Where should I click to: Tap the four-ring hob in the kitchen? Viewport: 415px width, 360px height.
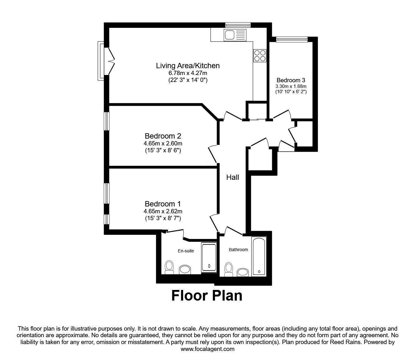[x=260, y=56]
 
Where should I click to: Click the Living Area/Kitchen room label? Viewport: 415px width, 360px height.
[x=188, y=66]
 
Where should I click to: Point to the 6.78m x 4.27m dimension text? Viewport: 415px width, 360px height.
[x=188, y=73]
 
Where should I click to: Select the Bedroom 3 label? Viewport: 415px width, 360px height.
[x=291, y=80]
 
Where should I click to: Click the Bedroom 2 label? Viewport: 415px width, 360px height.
[x=163, y=136]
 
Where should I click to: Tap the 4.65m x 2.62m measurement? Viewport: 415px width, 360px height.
[x=163, y=211]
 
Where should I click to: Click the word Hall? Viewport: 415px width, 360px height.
[x=232, y=177]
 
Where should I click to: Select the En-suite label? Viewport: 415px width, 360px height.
[x=186, y=251]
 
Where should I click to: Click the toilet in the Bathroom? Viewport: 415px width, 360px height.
[x=229, y=269]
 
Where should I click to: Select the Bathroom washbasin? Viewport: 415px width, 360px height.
[x=243, y=272]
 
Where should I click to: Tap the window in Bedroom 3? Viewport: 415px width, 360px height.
[x=292, y=39]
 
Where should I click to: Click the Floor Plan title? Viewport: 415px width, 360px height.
[x=207, y=295]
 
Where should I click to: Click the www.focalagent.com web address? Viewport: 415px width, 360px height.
[x=207, y=349]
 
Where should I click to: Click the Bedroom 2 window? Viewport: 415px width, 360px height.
[x=107, y=121]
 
